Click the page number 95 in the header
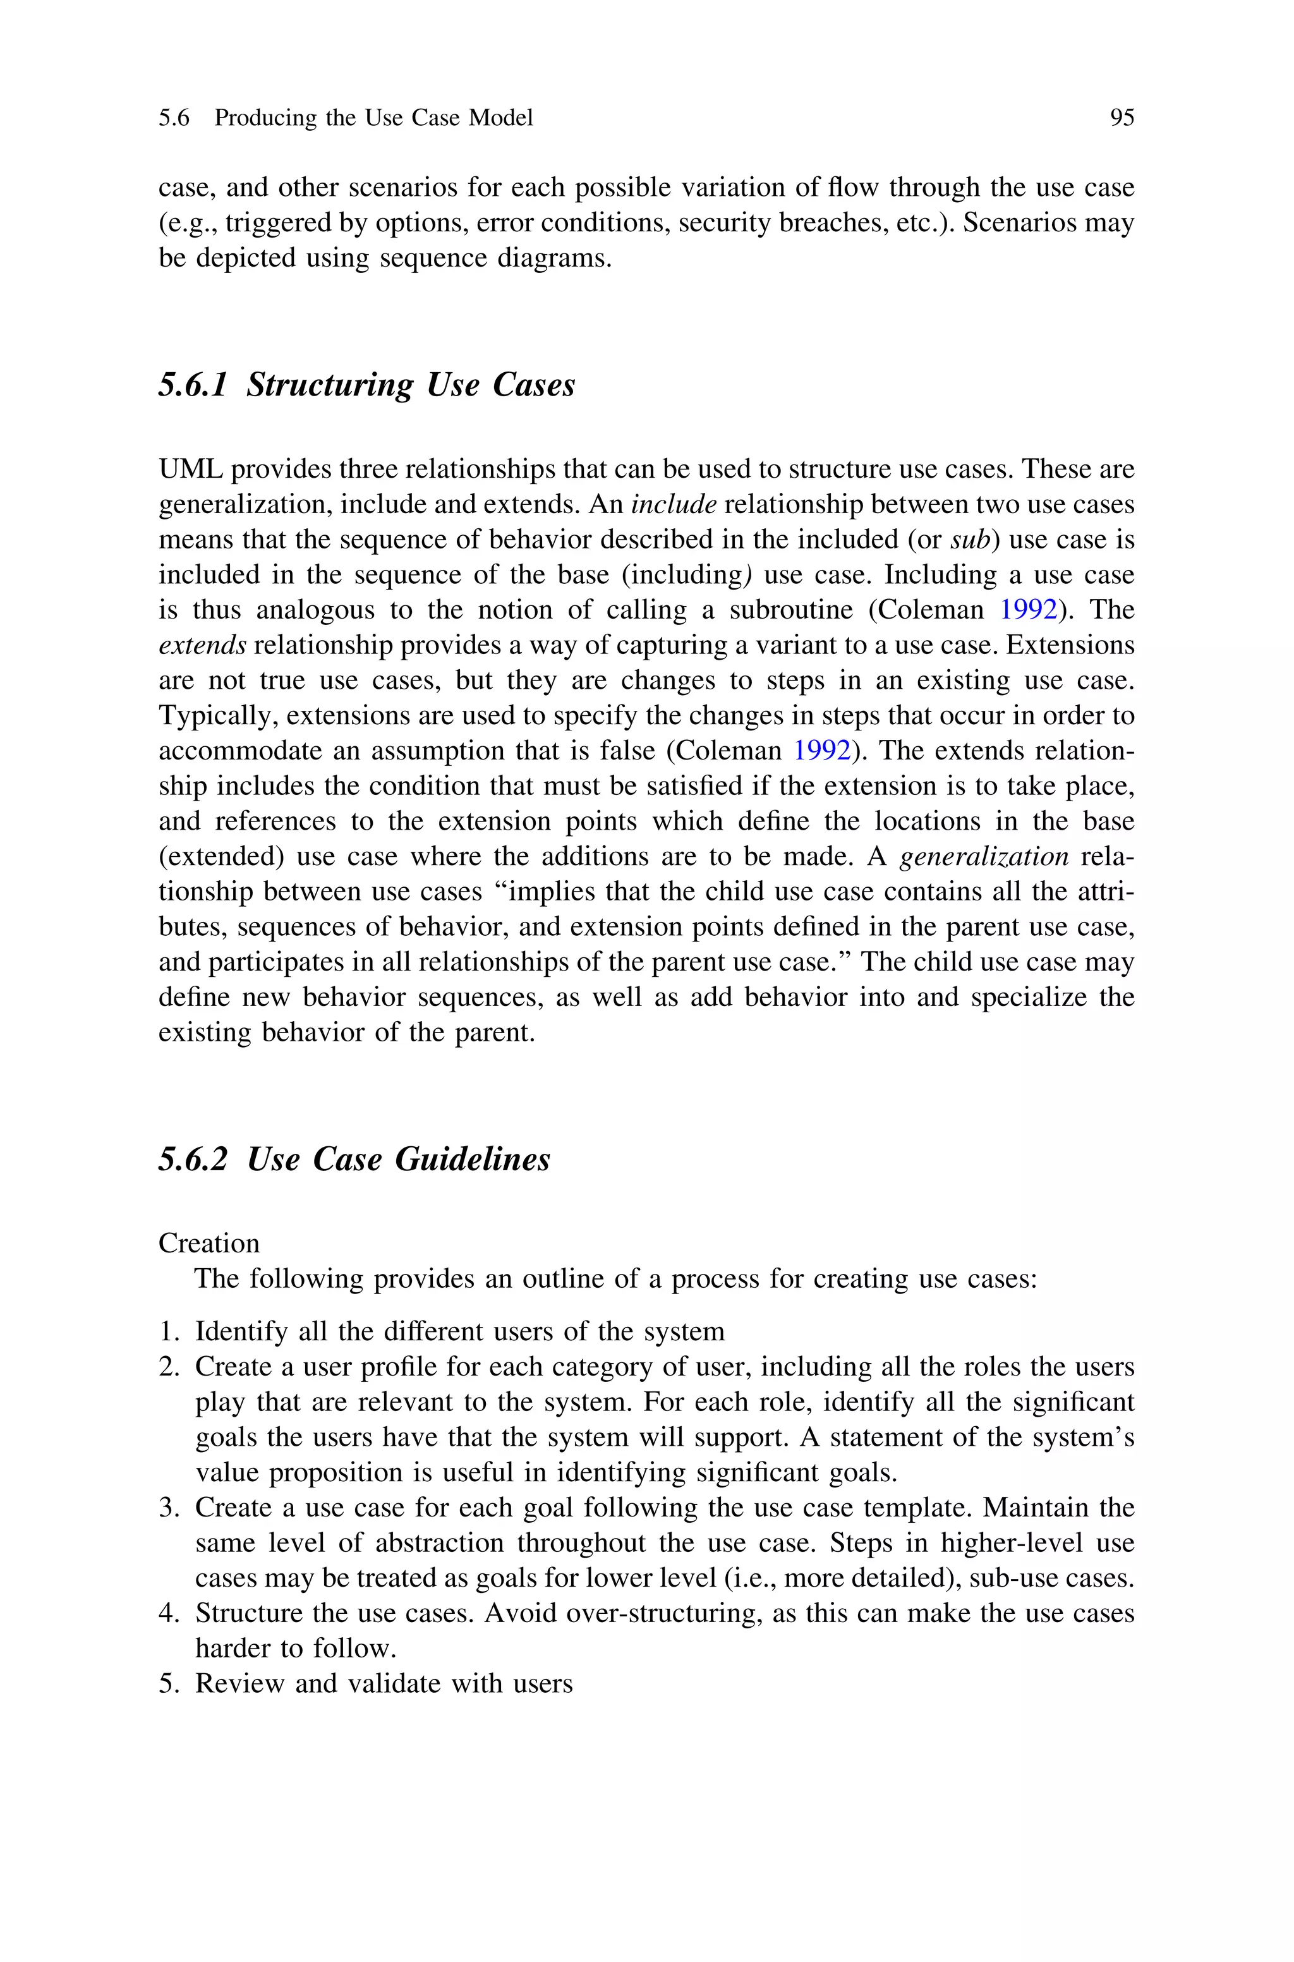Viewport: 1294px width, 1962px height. pyautogui.click(x=1122, y=118)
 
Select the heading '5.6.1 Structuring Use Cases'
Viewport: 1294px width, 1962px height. pyautogui.click(x=366, y=385)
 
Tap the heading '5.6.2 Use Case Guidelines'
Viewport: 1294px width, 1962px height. pyautogui.click(x=354, y=1160)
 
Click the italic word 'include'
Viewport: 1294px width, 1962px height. pyautogui.click(x=674, y=504)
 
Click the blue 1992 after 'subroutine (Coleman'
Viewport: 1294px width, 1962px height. pyautogui.click(x=1027, y=610)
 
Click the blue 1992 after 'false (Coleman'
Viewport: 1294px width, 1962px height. pyautogui.click(x=821, y=751)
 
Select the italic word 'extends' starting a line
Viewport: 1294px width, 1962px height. pyautogui.click(x=202, y=645)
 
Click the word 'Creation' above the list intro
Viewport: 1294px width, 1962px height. pyautogui.click(x=209, y=1244)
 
